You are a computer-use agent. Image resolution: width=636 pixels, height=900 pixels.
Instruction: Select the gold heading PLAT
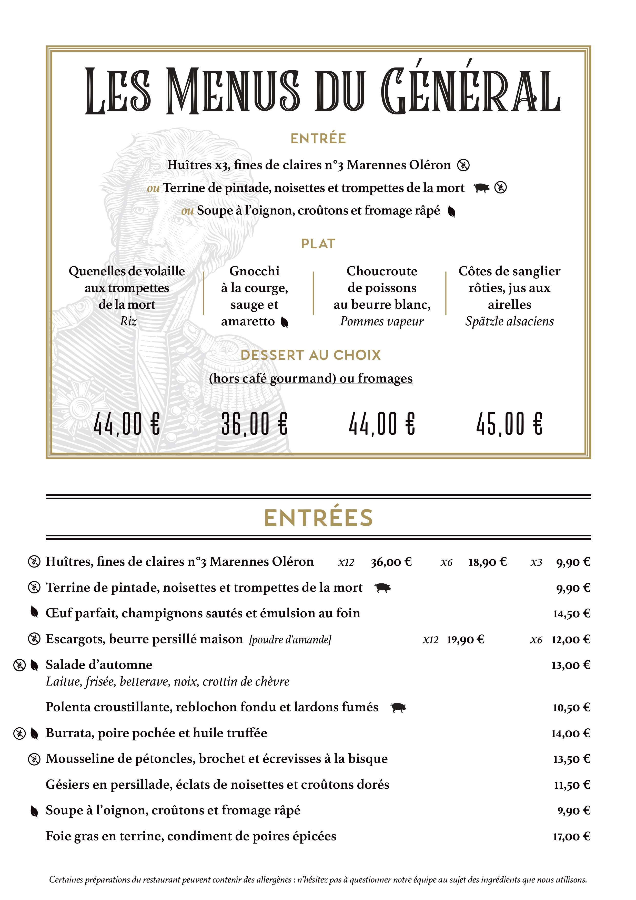click(318, 244)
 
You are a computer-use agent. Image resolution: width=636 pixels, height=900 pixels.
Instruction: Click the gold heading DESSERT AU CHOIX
click(310, 355)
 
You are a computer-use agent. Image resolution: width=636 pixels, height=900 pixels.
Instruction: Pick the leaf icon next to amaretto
click(285, 322)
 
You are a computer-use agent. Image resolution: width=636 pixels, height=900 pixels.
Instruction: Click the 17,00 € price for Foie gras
click(571, 836)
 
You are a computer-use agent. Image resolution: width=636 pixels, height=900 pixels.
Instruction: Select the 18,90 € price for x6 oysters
click(488, 562)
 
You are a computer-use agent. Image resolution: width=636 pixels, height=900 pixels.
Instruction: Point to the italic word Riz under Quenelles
click(128, 321)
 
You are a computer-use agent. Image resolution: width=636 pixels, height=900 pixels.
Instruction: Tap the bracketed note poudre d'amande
click(290, 640)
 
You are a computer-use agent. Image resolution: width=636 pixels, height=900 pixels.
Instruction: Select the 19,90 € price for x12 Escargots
click(466, 640)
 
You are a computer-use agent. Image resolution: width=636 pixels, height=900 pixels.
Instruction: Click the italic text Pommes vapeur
click(382, 321)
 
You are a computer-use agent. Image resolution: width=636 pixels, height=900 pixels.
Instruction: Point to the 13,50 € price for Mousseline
click(571, 759)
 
